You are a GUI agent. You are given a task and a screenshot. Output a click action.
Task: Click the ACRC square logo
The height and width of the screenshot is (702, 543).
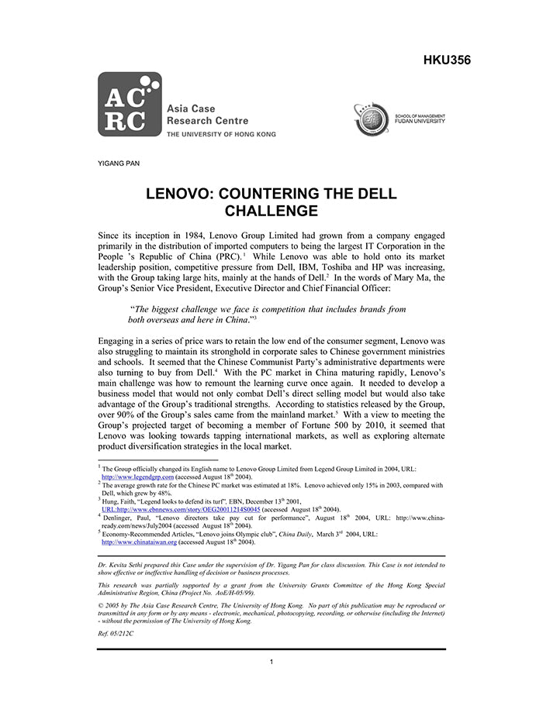point(130,105)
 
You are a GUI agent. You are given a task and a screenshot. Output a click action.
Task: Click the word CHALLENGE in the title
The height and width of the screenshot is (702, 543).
point(271,210)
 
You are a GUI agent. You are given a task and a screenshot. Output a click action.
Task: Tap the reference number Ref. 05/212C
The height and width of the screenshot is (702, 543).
point(116,633)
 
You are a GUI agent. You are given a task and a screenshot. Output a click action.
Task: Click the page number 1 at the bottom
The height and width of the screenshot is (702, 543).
point(271,662)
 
